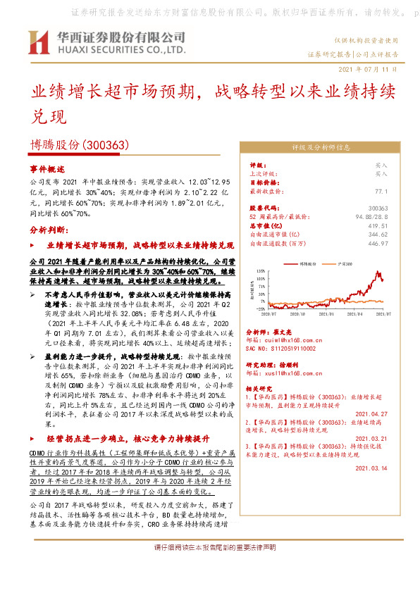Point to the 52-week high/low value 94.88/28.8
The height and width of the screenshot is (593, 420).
pos(371,216)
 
